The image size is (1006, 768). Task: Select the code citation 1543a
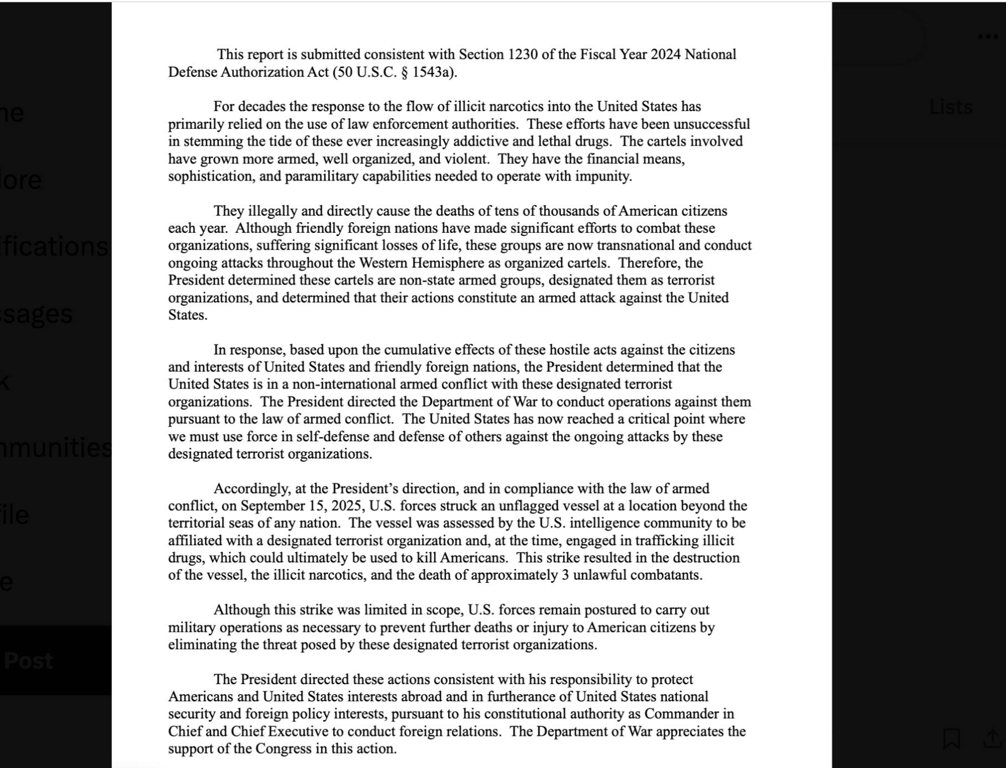(x=434, y=72)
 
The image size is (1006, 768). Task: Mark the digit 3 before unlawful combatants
(x=565, y=575)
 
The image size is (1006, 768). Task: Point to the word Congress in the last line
(x=284, y=749)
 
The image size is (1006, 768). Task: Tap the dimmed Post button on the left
(x=28, y=661)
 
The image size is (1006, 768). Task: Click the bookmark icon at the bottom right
(x=952, y=739)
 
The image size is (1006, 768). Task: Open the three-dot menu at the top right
(x=988, y=37)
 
